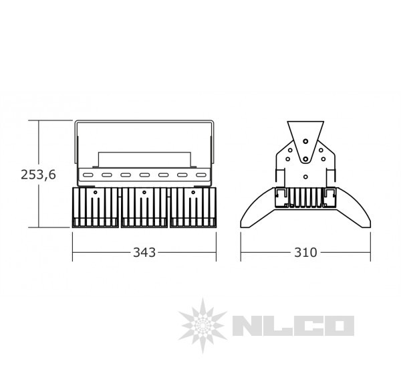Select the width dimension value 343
(x=144, y=252)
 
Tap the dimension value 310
(x=305, y=252)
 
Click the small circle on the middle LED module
(x=144, y=193)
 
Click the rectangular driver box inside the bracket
(x=144, y=159)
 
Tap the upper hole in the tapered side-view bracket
(x=305, y=142)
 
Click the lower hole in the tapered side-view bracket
(x=305, y=159)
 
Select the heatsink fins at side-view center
(x=305, y=199)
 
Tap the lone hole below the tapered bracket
(x=305, y=177)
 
